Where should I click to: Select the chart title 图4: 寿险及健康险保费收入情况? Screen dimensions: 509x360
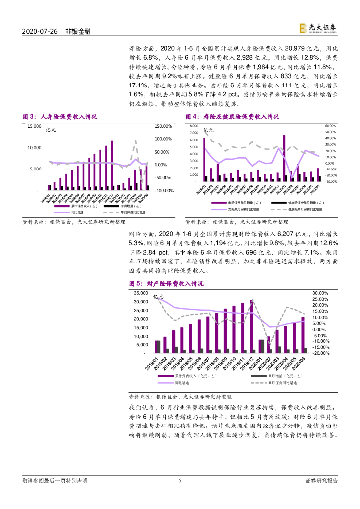[232, 117]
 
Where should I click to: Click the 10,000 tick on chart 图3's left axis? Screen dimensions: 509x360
[35, 148]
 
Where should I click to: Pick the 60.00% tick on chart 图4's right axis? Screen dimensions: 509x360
[331, 126]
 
